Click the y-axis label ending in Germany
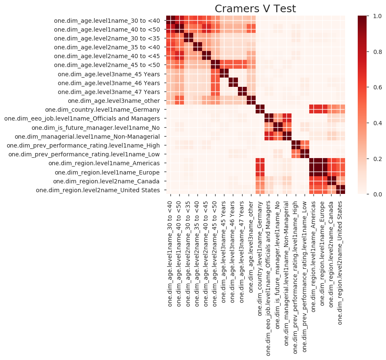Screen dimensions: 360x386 (103, 110)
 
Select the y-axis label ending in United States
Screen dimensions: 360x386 (98, 190)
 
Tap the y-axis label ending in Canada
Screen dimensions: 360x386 (106, 181)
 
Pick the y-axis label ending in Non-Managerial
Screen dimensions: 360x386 (87, 137)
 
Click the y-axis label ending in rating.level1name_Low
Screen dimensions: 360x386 (84, 154)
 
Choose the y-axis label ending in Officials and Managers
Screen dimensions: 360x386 (82, 118)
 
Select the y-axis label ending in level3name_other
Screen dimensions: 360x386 (114, 101)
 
